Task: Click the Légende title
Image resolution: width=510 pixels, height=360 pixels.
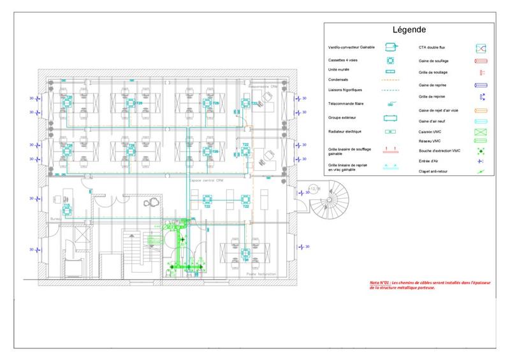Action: pos(409,30)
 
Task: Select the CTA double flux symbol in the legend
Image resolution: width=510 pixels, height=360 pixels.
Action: pos(481,48)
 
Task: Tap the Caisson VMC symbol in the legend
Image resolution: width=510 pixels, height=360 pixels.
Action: pos(481,132)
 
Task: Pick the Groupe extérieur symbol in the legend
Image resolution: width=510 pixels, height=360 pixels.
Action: pos(390,118)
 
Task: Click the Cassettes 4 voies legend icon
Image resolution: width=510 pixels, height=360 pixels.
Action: pos(390,60)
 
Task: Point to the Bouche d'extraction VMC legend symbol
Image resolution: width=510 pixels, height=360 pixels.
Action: pos(481,151)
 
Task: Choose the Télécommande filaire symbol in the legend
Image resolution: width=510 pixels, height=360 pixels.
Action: pos(390,103)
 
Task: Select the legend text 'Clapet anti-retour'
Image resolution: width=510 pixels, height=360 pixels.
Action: pos(433,171)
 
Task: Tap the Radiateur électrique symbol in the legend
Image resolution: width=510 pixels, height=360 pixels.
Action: pos(390,132)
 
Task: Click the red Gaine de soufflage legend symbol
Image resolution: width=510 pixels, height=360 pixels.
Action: pos(481,61)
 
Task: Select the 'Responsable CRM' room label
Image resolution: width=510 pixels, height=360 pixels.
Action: pos(263,86)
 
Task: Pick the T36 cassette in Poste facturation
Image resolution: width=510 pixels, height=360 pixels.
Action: pos(245,254)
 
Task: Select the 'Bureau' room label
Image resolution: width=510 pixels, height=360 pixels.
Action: pos(55,218)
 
